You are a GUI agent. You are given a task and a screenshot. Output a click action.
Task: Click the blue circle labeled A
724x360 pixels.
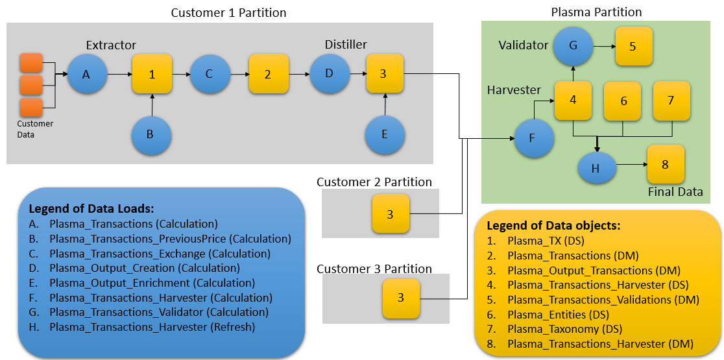(86, 75)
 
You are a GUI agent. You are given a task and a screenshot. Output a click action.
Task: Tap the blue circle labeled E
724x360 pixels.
(385, 135)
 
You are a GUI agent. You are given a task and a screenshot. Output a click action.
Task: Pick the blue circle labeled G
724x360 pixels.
(573, 46)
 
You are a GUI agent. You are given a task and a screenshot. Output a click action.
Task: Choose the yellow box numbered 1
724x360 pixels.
(152, 75)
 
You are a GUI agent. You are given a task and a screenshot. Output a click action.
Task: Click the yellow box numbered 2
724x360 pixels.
(268, 75)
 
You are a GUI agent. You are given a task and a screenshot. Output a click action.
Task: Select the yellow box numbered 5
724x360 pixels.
(633, 46)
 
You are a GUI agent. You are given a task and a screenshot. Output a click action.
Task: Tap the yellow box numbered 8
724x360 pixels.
(665, 164)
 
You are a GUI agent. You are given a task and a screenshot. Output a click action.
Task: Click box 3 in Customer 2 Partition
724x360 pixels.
(390, 214)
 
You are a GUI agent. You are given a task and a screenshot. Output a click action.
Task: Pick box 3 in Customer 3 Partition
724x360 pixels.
(401, 298)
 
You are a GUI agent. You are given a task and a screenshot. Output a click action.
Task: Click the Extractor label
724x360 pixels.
(111, 45)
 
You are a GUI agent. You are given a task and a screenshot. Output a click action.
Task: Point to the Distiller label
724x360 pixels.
(346, 44)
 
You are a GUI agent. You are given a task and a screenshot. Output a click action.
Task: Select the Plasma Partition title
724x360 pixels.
(596, 12)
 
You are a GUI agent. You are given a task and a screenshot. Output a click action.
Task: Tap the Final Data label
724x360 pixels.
(675, 191)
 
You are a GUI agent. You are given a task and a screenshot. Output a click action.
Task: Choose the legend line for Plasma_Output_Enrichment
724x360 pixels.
(152, 283)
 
